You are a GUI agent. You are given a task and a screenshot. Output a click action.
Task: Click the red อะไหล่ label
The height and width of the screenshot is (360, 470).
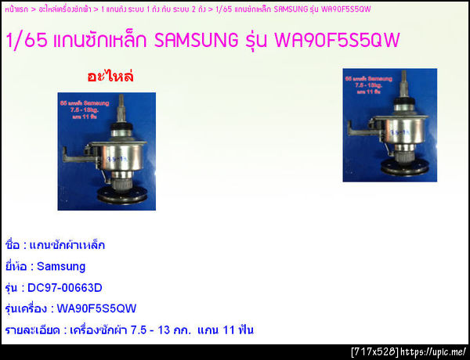point(110,76)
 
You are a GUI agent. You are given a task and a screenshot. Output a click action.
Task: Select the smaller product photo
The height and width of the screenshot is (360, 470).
point(389,125)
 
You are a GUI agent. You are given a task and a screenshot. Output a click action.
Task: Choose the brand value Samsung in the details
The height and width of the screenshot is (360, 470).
point(61,266)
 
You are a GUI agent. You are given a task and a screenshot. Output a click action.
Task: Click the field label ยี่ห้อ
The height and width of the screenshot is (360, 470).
point(16,266)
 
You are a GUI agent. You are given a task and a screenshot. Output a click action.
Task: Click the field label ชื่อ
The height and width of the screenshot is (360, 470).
point(12,245)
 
